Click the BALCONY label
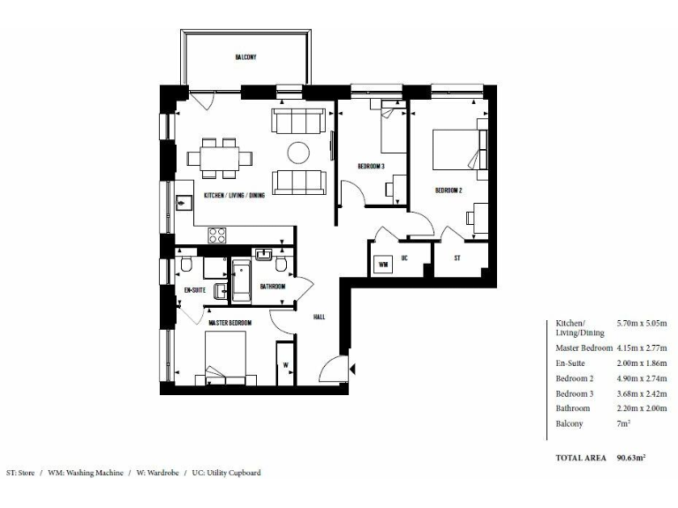point(245,57)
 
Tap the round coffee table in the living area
point(299,153)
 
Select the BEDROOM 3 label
point(371,167)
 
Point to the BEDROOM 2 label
point(448,190)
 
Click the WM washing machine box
point(383,264)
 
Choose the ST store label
point(457,258)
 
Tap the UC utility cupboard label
point(403,258)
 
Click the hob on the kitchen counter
point(218,235)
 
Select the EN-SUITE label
point(194,289)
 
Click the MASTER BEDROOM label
point(230,323)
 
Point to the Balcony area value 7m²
point(622,424)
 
